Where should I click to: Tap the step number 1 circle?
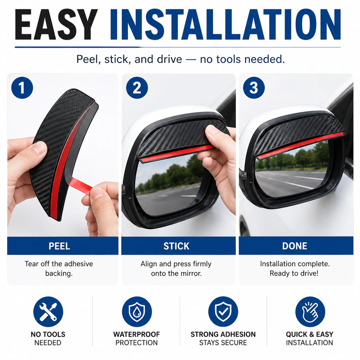click(22, 88)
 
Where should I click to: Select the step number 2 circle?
click(137, 88)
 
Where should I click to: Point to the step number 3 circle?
click(254, 88)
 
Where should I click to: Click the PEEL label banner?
click(63, 246)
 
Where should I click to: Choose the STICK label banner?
click(178, 246)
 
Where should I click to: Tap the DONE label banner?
click(296, 246)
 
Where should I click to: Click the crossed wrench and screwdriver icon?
click(48, 311)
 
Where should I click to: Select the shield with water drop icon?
click(137, 311)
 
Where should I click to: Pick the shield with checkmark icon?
click(223, 311)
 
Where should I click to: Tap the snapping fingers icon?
click(310, 311)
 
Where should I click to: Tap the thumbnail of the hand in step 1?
click(39, 148)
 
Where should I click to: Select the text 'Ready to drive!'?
click(294, 273)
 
